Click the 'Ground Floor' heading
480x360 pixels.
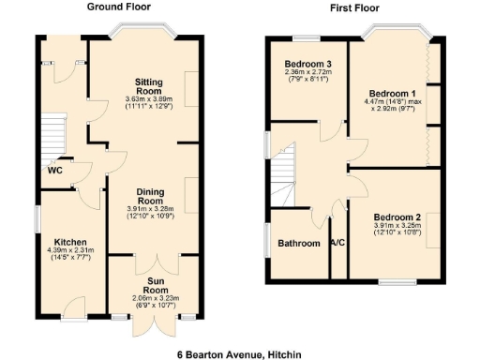119,7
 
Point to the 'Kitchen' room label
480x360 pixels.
70,240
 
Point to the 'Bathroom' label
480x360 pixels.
299,244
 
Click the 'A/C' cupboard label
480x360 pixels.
338,244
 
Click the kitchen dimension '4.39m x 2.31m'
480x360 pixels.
71,250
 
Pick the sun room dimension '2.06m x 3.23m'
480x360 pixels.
155,298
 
